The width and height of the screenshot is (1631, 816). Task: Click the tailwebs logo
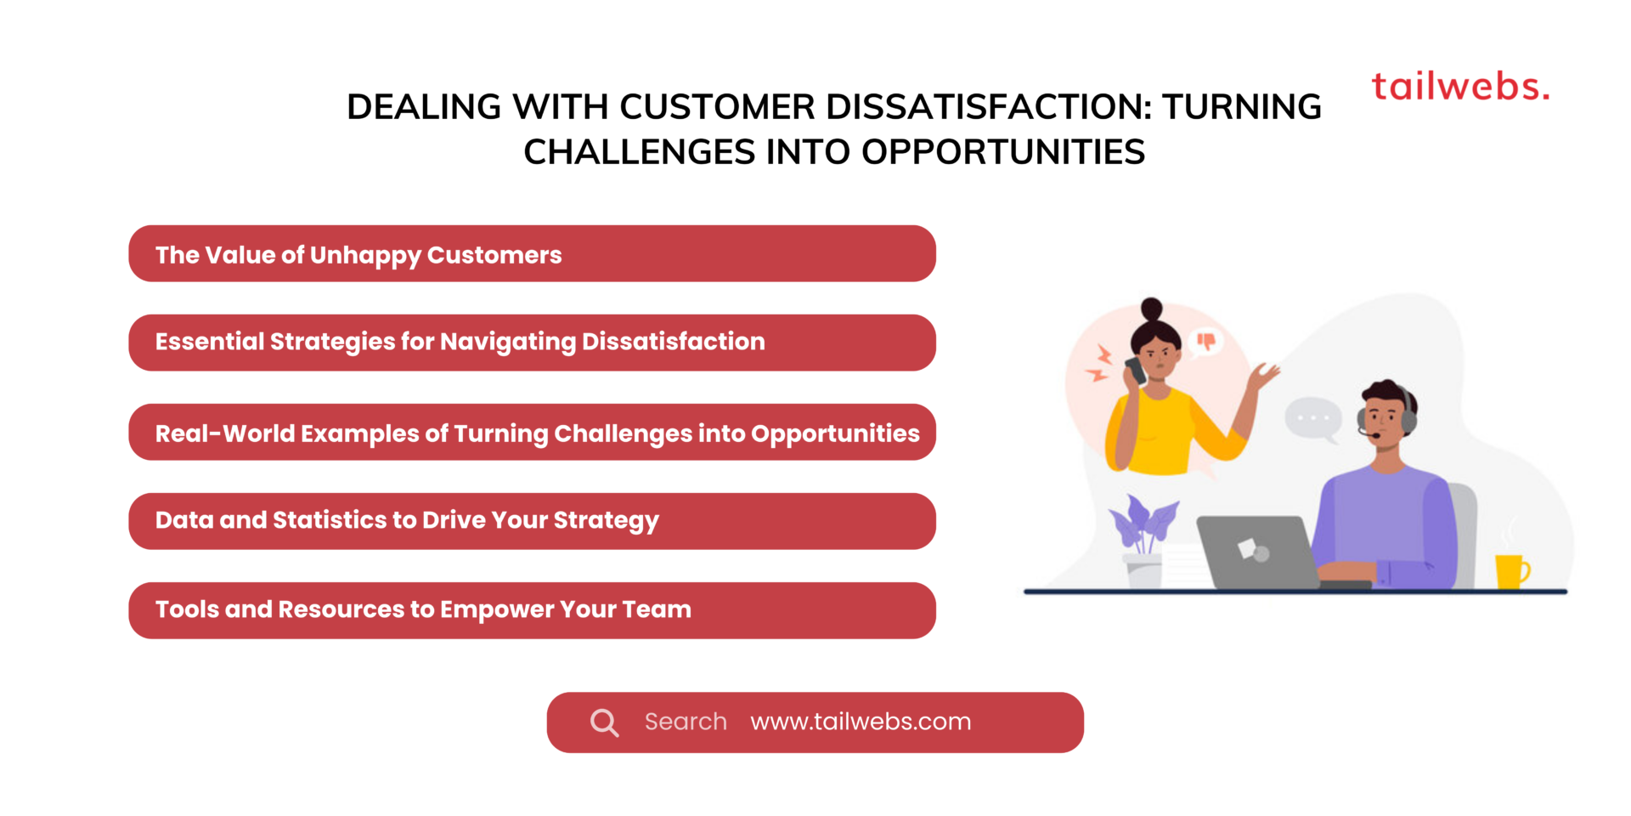pos(1460,87)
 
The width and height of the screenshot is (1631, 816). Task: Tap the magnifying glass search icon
pos(604,722)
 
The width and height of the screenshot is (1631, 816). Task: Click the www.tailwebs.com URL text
pos(861,722)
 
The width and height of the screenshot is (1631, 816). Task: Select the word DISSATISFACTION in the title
pos(989,107)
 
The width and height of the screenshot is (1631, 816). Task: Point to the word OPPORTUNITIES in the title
pos(1003,152)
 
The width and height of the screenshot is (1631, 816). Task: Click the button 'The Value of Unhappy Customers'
pos(532,254)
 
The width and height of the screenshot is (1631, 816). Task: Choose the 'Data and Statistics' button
pos(532,521)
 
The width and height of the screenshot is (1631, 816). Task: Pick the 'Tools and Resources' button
pos(532,610)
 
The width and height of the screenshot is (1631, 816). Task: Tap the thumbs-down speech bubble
pos(1205,342)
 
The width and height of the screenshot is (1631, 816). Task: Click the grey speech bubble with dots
pos(1313,418)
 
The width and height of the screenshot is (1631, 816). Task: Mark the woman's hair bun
pos(1152,308)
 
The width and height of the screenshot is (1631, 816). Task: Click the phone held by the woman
pos(1135,371)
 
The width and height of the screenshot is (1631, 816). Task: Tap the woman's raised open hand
pos(1266,375)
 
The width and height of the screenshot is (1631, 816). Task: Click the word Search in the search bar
pos(686,722)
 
